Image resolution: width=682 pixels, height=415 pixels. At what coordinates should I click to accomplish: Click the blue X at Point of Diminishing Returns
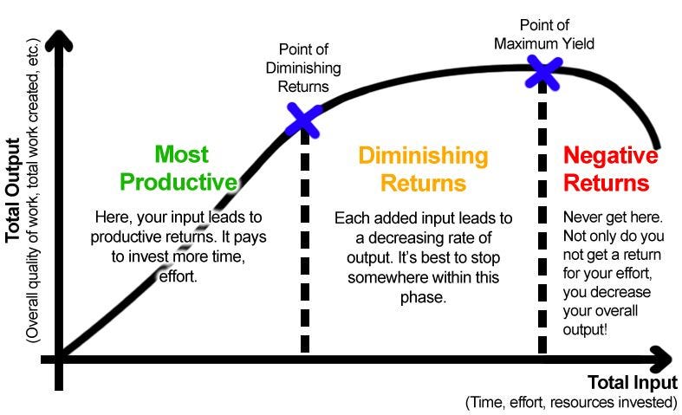(x=304, y=120)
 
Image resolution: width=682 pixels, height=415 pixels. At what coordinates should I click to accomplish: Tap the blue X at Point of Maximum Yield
(x=543, y=72)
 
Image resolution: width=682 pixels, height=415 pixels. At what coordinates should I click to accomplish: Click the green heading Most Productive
(x=179, y=168)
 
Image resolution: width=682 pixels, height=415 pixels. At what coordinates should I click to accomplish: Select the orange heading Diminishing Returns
(x=423, y=169)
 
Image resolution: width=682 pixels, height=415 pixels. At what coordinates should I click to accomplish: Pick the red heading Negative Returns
(x=610, y=169)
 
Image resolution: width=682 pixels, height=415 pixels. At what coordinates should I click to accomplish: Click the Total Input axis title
(x=633, y=383)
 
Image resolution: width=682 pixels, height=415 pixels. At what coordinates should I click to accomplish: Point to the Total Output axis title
(x=13, y=190)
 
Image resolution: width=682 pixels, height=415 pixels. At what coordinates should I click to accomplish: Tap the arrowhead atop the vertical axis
(x=58, y=41)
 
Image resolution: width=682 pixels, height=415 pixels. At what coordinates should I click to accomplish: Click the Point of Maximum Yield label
(x=544, y=34)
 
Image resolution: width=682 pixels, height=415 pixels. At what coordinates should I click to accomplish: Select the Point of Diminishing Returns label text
(x=303, y=68)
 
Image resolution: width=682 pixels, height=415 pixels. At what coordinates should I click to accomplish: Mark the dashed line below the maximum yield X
(x=542, y=217)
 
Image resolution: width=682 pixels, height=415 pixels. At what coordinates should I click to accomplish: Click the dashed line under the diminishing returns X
(x=305, y=242)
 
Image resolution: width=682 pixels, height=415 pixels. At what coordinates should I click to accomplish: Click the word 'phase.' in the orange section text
(x=423, y=298)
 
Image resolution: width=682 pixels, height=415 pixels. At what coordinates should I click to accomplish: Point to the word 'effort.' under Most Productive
(x=179, y=276)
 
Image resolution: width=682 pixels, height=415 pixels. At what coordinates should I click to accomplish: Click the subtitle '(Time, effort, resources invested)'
(x=571, y=402)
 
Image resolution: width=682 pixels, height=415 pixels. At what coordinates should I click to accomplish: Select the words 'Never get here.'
(x=613, y=217)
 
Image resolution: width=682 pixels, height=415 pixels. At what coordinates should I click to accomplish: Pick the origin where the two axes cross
(x=59, y=360)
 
